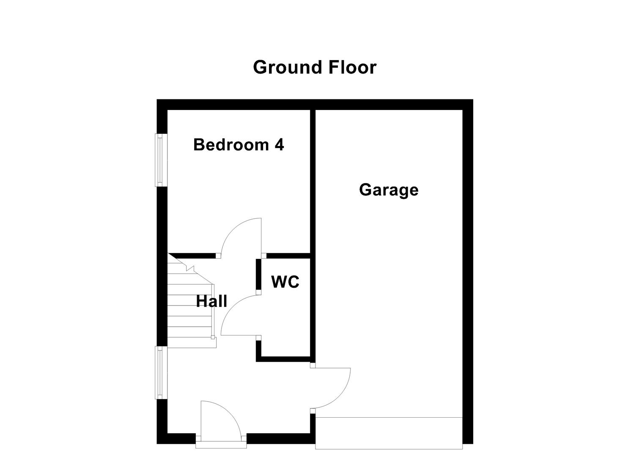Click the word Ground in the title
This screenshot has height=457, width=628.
(x=282, y=68)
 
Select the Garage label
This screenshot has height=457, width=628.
(x=389, y=190)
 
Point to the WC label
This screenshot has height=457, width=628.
(x=285, y=282)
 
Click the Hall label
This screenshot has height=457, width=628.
(x=211, y=301)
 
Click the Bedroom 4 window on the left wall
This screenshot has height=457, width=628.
(x=160, y=160)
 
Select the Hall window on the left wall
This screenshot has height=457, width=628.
(x=160, y=372)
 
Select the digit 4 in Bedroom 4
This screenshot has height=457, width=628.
(x=279, y=145)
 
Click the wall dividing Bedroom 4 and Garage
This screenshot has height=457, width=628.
(x=313, y=182)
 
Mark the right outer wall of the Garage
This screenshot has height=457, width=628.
(x=467, y=271)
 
